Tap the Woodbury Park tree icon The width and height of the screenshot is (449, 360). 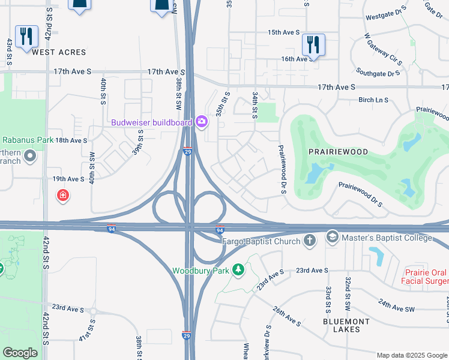point(239,270)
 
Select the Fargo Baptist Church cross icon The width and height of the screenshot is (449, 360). point(310,241)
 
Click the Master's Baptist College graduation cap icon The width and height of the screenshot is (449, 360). point(332,238)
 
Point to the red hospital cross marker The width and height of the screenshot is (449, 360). point(62,195)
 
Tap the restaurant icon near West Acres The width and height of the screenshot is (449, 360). point(25,37)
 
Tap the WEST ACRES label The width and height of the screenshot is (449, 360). point(59,52)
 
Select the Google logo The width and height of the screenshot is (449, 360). point(20,353)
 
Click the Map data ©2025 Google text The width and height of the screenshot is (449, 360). point(411,355)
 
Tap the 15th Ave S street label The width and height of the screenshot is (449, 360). point(283,32)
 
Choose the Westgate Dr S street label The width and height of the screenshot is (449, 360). point(386,16)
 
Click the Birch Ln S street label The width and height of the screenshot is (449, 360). point(373,100)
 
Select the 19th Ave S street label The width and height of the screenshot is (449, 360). point(68,179)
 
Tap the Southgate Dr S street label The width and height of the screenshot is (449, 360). point(378,72)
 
